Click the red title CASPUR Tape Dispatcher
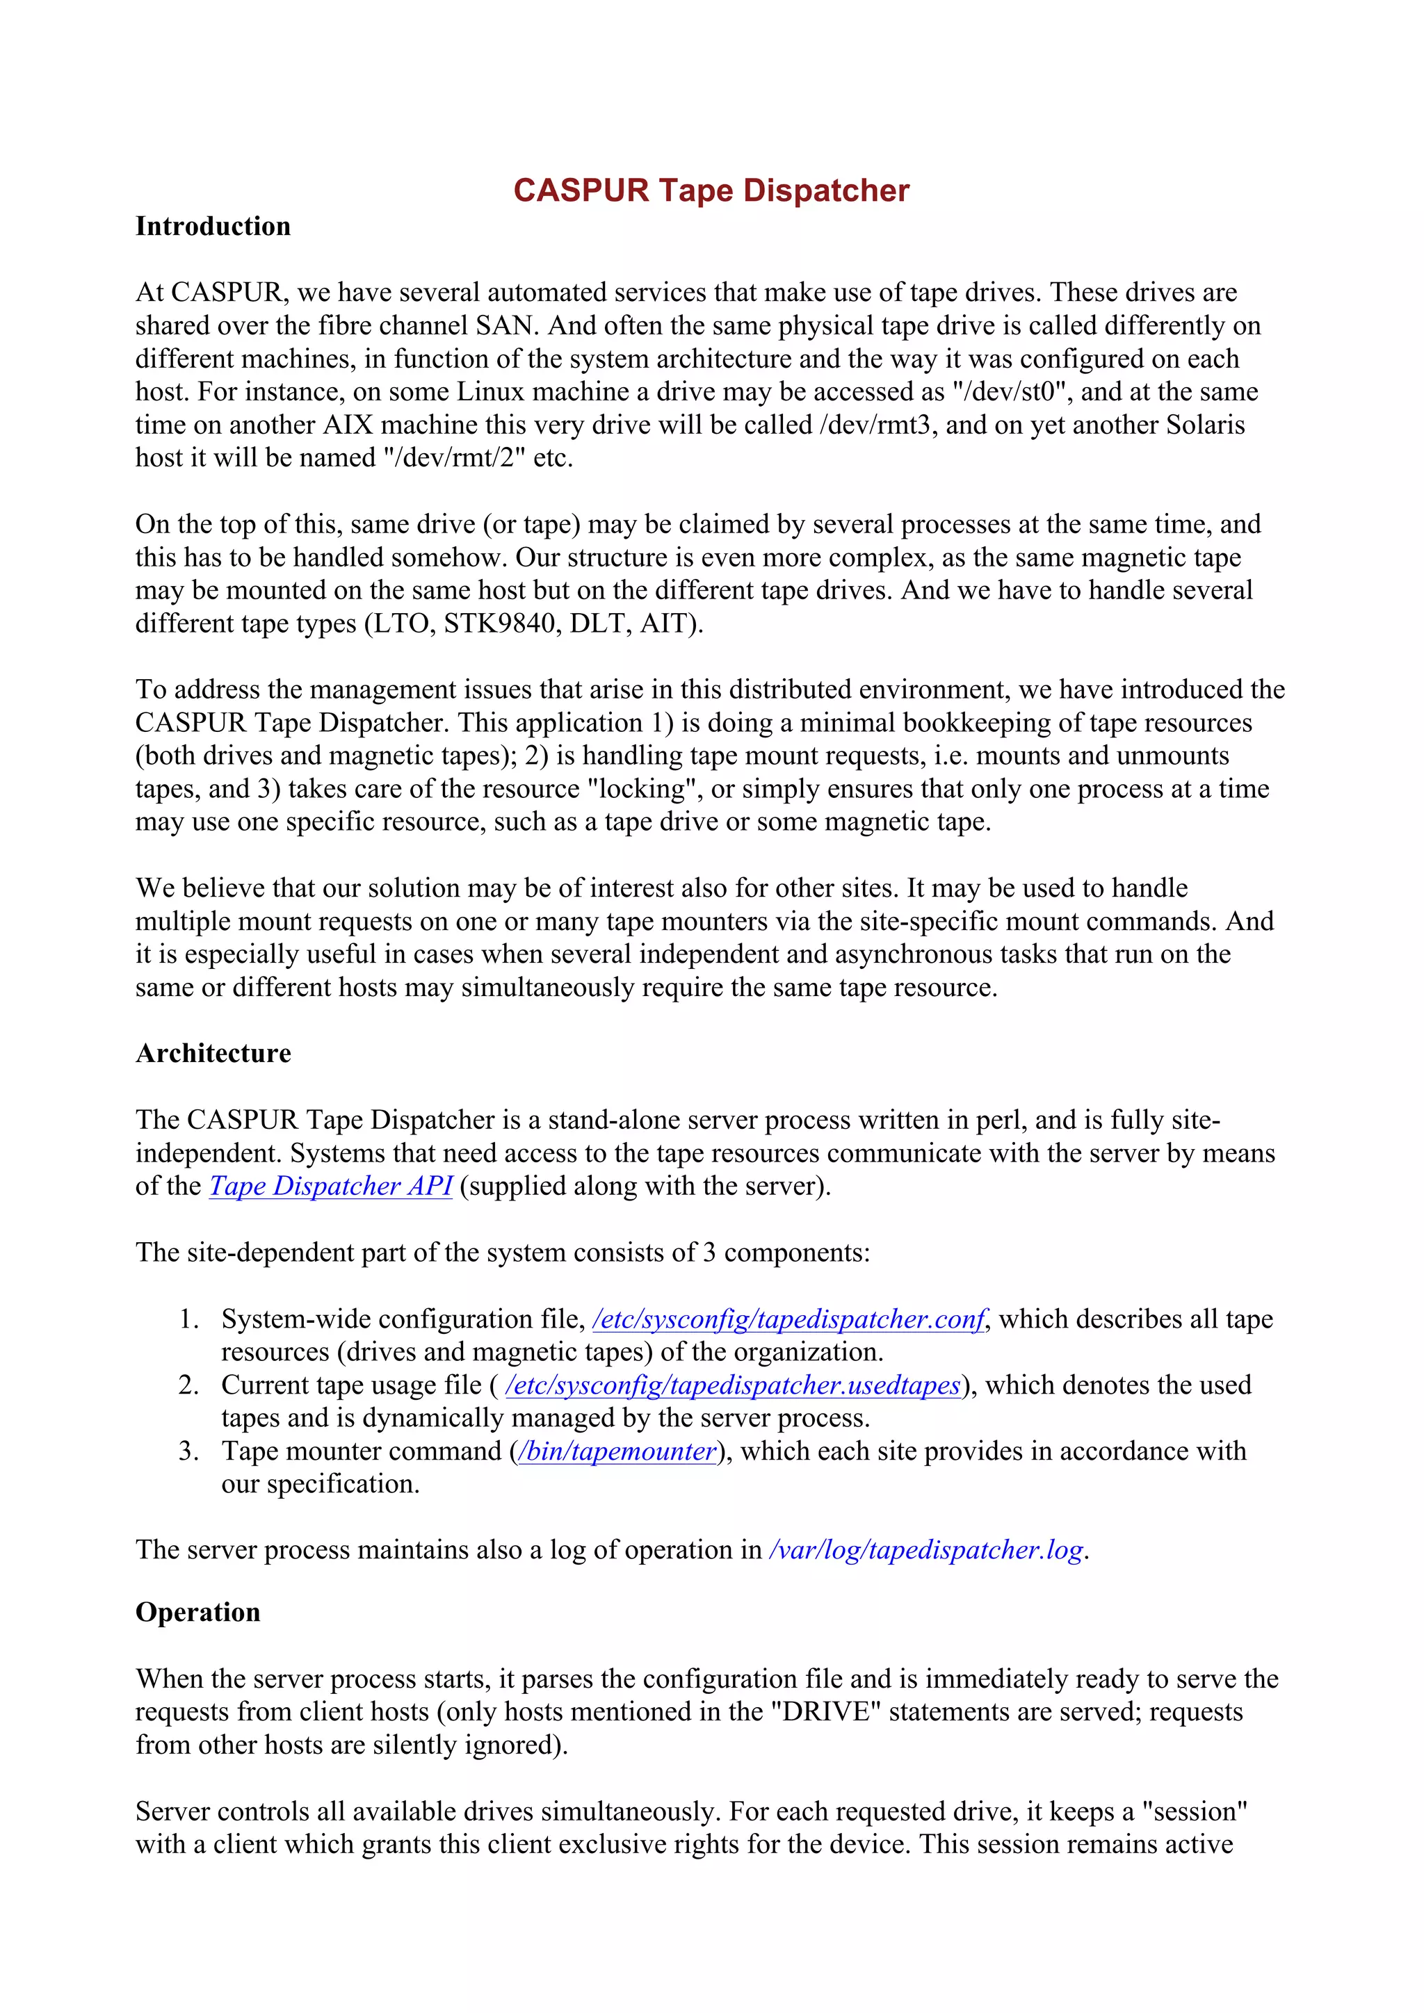[711, 190]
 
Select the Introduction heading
[213, 226]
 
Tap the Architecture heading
[213, 1053]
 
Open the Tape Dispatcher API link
[330, 1187]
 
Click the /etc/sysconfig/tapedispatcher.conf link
[789, 1319]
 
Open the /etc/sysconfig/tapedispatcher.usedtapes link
[733, 1385]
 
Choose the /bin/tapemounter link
[618, 1451]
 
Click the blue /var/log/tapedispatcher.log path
[926, 1550]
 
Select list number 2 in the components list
[188, 1385]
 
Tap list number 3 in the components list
[188, 1451]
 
